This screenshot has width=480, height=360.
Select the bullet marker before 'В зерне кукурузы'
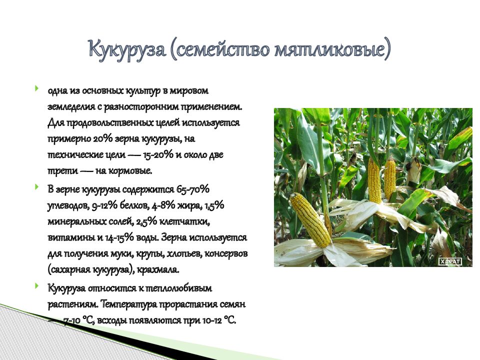pyautogui.click(x=36, y=187)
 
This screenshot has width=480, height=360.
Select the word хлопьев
pyautogui.click(x=176, y=254)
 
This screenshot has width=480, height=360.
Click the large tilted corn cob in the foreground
pyautogui.click(x=311, y=220)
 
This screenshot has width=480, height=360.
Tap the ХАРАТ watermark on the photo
pyautogui.click(x=449, y=261)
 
